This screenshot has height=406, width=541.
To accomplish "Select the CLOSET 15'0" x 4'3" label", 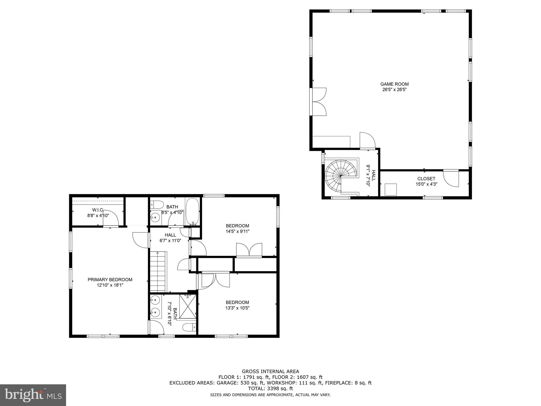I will [x=426, y=181].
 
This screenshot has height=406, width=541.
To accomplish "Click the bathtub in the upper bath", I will [x=193, y=211].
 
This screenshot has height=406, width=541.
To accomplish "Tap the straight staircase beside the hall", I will [x=158, y=271].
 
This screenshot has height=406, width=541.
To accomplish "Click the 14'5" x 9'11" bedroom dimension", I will [x=237, y=231].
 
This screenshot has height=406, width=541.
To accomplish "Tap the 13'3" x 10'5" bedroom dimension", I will [x=237, y=308].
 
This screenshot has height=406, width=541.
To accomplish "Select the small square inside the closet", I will [x=391, y=190].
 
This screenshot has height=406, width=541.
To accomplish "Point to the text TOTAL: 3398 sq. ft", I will [x=270, y=389].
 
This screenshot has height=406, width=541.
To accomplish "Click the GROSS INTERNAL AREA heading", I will [x=270, y=371].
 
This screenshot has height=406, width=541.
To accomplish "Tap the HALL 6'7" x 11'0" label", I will [x=170, y=238].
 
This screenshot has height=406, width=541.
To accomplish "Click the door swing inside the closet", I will [x=451, y=178].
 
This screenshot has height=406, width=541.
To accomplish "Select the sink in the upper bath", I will [x=155, y=218].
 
